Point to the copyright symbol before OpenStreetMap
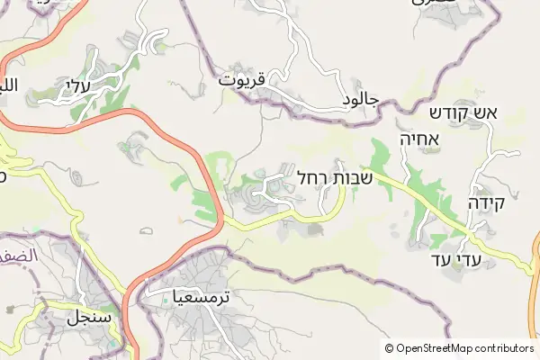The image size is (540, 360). [x=390, y=347]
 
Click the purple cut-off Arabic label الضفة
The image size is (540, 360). [x=18, y=256]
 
